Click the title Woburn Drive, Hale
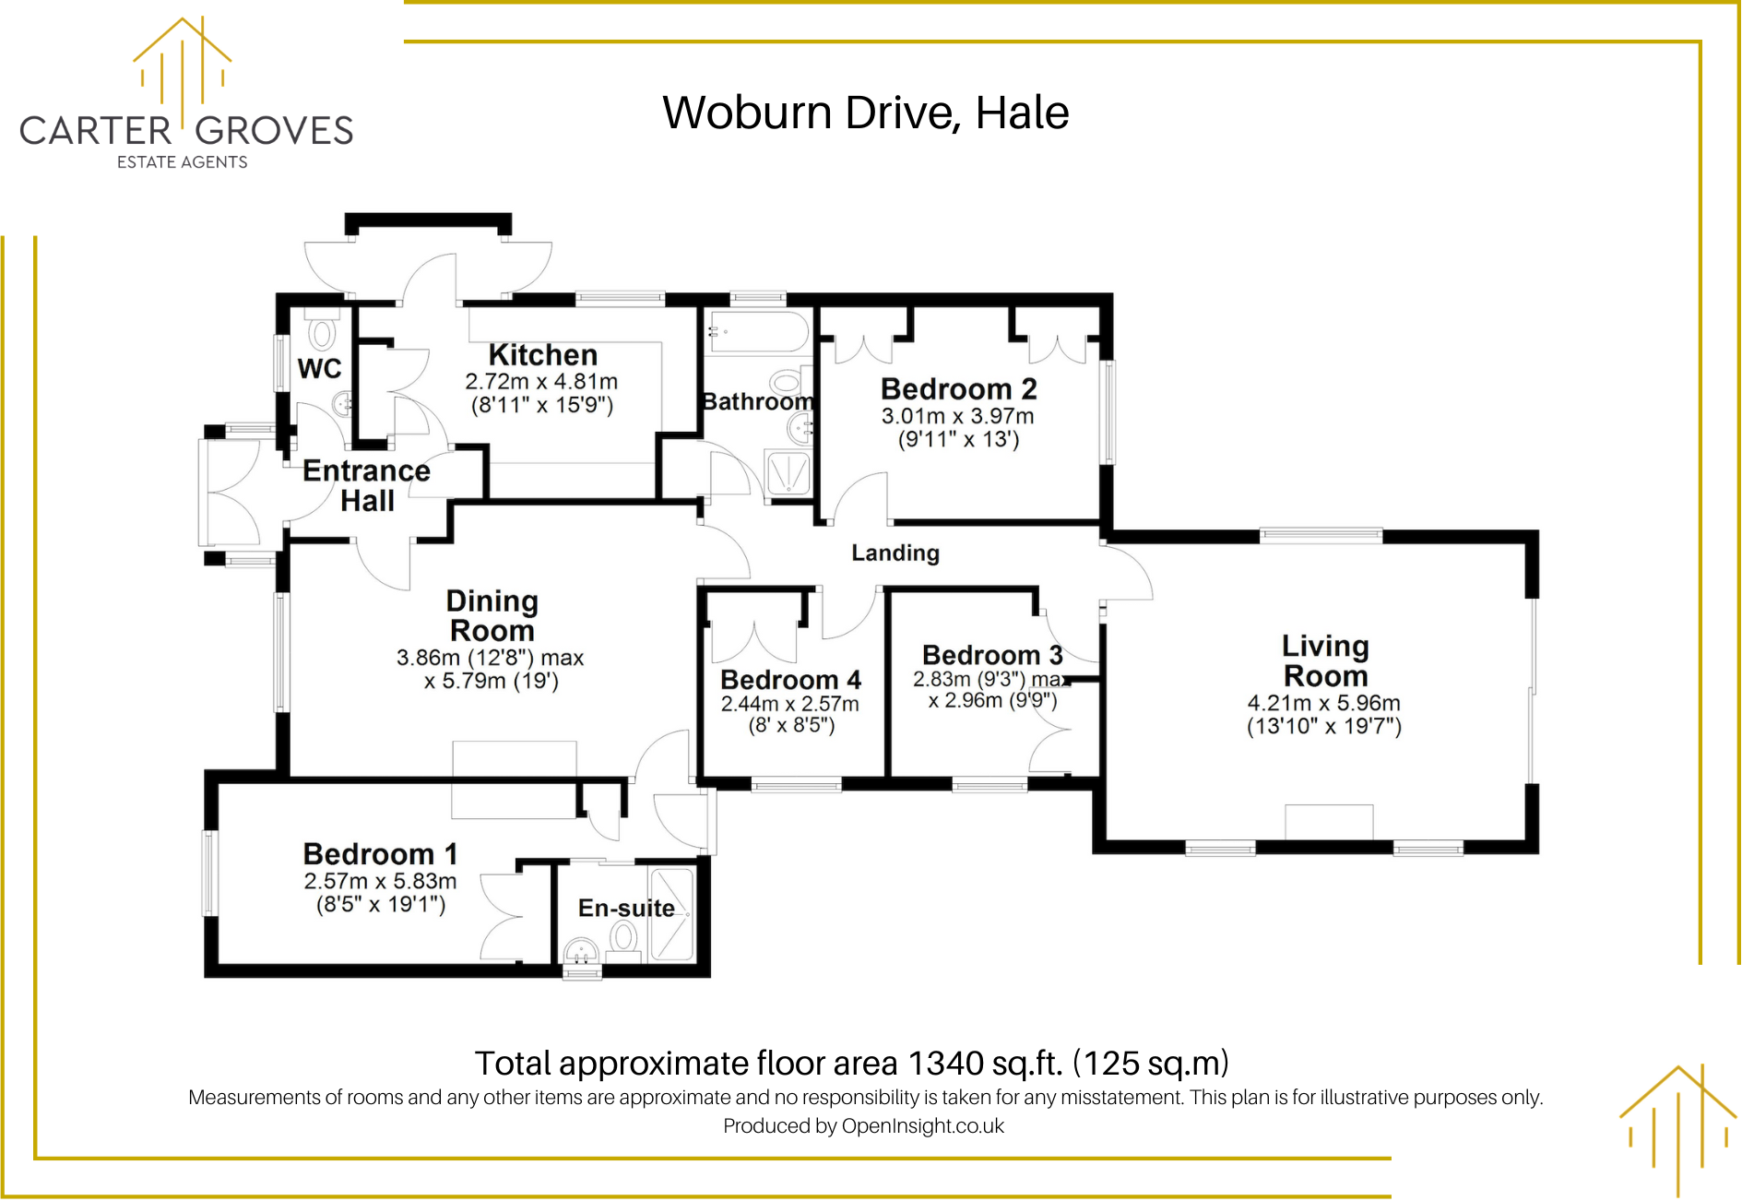[x=865, y=113]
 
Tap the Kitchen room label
[x=542, y=355]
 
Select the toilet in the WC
[x=322, y=333]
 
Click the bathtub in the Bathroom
[x=758, y=333]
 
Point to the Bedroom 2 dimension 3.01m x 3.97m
[x=957, y=416]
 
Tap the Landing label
[x=895, y=553]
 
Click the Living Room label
[x=1325, y=660]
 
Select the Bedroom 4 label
[x=790, y=680]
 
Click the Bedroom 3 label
[x=992, y=655]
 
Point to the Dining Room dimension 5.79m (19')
[x=492, y=681]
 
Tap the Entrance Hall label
[x=366, y=485]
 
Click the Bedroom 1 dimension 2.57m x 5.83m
[x=380, y=881]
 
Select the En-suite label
[x=626, y=908]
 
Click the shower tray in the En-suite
[x=671, y=914]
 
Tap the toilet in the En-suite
[x=624, y=938]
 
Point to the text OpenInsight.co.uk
[x=922, y=1125]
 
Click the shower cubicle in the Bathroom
[x=788, y=474]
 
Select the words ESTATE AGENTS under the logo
[x=183, y=162]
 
